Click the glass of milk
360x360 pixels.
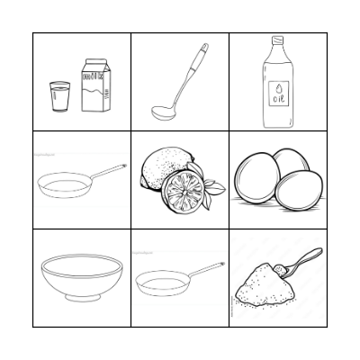click(59, 96)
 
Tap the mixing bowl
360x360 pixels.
click(82, 274)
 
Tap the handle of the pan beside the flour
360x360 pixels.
click(203, 269)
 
